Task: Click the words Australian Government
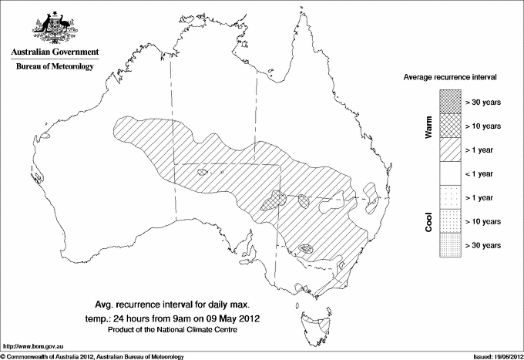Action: (x=54, y=52)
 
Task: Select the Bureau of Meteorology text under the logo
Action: (x=54, y=67)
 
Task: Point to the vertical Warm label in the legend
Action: (x=428, y=125)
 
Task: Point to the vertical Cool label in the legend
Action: (x=428, y=221)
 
